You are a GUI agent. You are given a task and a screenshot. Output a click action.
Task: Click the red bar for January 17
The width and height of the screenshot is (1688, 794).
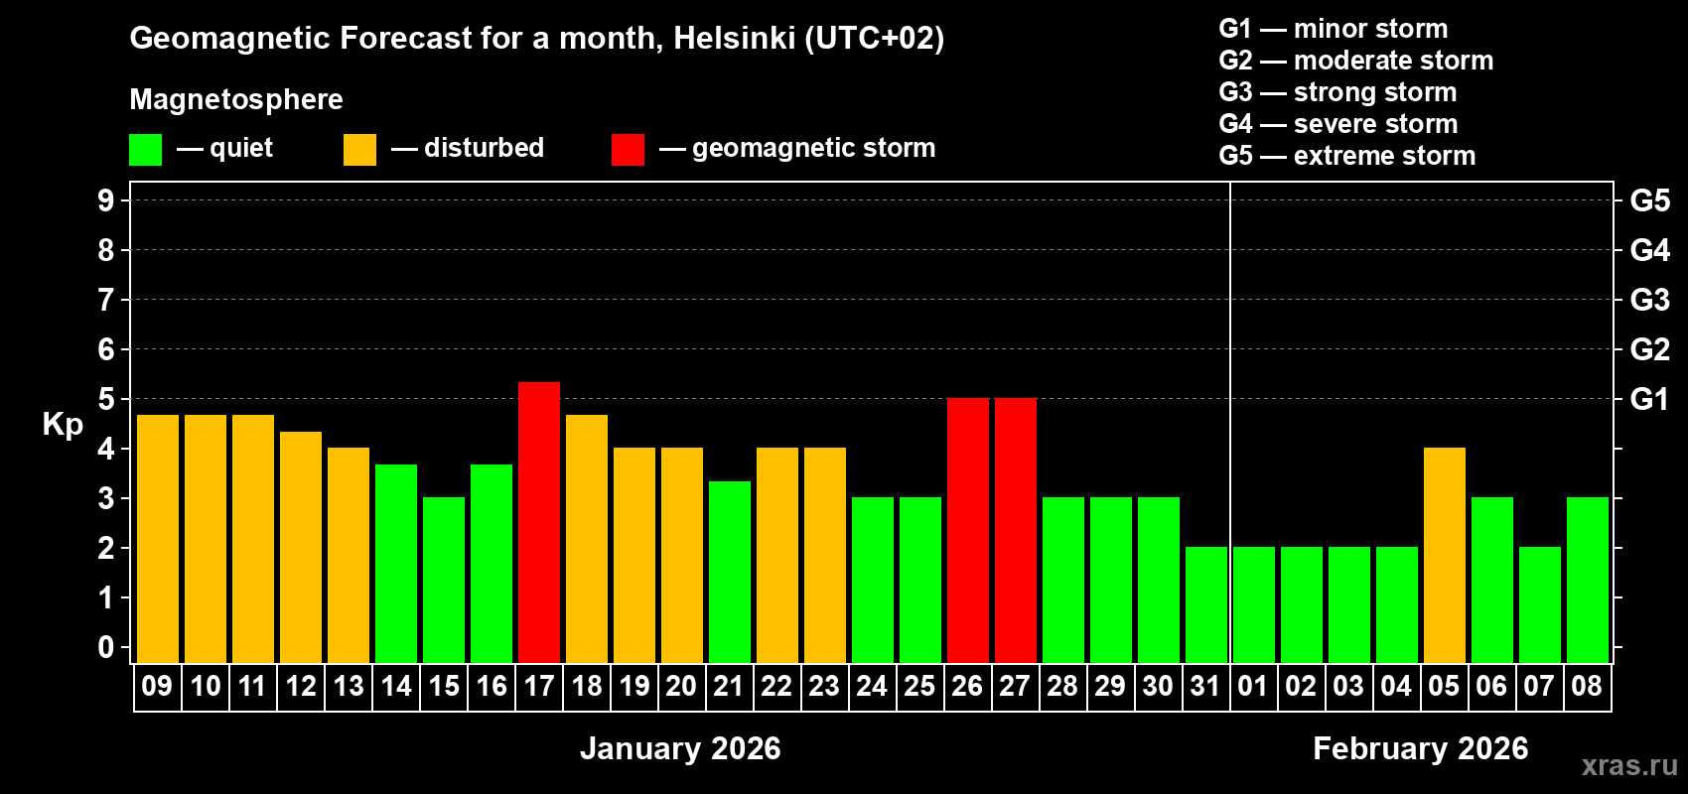click(539, 522)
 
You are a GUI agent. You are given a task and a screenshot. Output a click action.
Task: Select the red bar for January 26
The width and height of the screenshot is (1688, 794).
click(968, 530)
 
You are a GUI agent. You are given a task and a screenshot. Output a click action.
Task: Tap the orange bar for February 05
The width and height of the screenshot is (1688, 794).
click(1445, 555)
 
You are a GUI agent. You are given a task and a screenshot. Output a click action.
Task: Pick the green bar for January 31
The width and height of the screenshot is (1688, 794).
click(1206, 604)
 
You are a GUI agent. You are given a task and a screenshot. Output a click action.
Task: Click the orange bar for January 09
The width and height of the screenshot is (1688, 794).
click(158, 539)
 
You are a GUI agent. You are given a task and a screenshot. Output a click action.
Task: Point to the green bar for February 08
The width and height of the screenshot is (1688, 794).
click(1588, 580)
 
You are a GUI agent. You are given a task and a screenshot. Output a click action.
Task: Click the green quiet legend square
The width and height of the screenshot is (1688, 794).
click(146, 150)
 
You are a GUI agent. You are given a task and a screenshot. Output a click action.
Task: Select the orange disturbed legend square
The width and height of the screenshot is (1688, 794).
click(359, 150)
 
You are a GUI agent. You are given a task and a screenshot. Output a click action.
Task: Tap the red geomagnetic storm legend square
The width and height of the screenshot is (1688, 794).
click(628, 150)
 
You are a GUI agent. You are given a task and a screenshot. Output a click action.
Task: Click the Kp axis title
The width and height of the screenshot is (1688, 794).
click(63, 424)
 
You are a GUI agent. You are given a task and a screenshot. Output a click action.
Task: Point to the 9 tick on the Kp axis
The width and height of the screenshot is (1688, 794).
click(106, 200)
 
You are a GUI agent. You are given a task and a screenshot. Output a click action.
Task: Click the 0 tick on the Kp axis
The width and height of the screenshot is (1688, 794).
click(106, 647)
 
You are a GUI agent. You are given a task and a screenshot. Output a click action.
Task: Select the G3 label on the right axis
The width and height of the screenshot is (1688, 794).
click(1649, 300)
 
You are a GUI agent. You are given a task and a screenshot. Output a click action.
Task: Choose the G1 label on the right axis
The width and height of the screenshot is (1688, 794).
click(1649, 399)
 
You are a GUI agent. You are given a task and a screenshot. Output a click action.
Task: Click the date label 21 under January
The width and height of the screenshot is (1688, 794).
click(729, 686)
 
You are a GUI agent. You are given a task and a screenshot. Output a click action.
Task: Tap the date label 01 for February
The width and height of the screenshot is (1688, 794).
click(1253, 686)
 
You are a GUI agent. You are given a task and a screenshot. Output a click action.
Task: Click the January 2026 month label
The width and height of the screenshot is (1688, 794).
click(680, 748)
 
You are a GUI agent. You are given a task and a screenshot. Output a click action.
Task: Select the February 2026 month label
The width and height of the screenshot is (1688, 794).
click(1420, 748)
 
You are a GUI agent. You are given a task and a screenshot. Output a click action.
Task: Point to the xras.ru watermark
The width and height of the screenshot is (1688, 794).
click(1629, 765)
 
